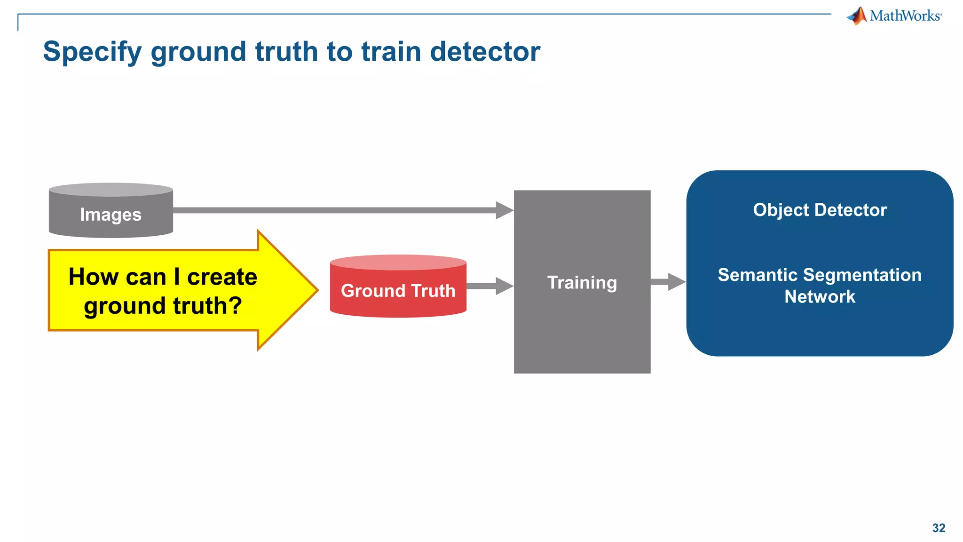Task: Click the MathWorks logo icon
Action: point(857,16)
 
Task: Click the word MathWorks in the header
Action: point(905,16)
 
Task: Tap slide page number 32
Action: point(939,528)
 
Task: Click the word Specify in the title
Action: point(92,52)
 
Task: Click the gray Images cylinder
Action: point(111,215)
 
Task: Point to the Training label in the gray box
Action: point(582,282)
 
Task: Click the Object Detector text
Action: point(820,210)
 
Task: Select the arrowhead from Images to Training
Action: point(504,210)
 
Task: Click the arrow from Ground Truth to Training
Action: point(489,286)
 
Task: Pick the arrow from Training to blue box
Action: point(668,282)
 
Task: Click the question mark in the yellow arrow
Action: point(234,306)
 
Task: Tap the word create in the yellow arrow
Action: point(222,277)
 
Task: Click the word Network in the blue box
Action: point(820,297)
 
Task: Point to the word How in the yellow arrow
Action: point(93,277)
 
